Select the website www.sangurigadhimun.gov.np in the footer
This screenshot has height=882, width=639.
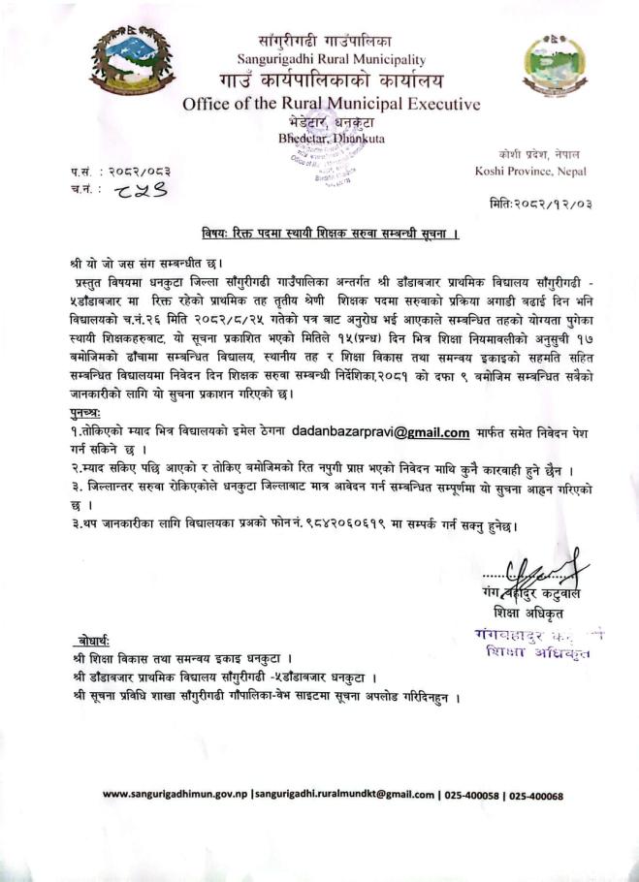tap(175, 796)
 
